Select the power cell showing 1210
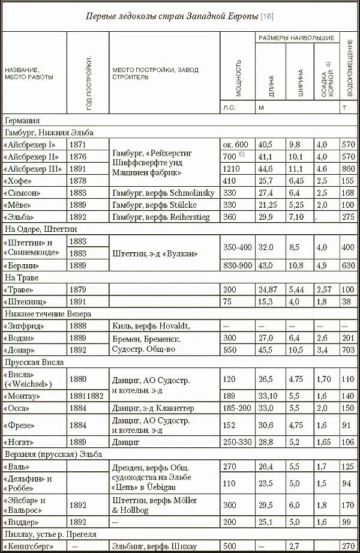click(x=232, y=169)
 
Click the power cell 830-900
click(x=237, y=265)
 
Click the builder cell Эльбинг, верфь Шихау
click(x=158, y=546)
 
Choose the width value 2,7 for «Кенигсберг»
click(x=294, y=546)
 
